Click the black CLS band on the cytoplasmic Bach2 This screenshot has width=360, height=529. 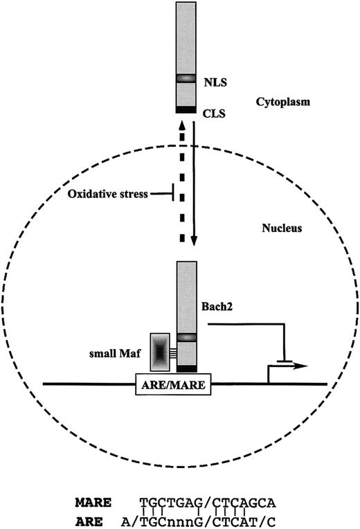187,109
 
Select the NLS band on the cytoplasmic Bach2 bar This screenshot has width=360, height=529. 187,79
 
